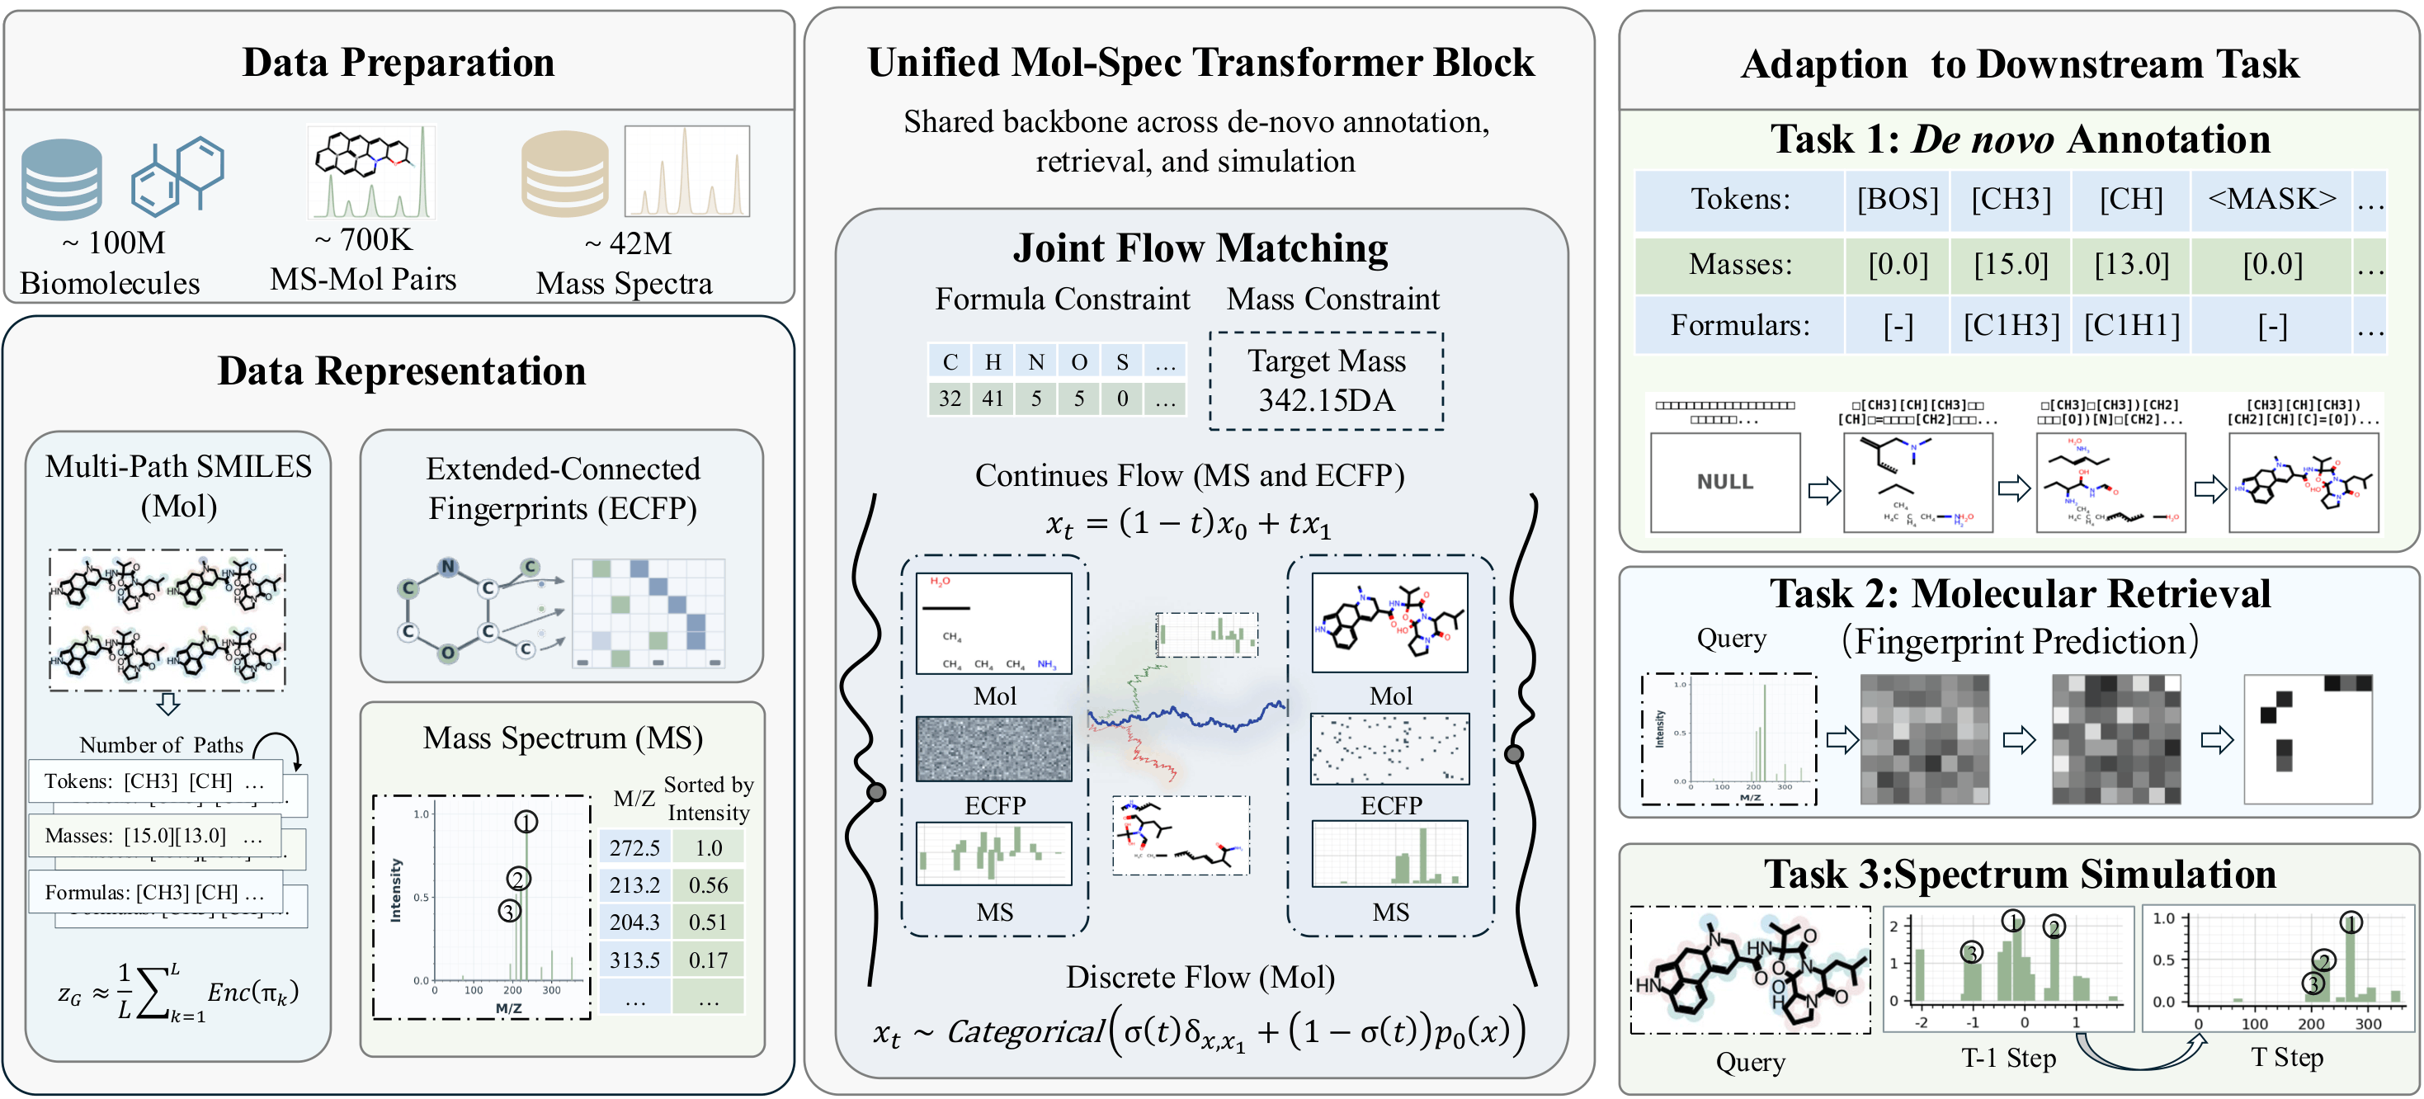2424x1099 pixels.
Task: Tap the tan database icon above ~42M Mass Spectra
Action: pos(564,173)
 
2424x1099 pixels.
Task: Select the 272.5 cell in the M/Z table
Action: pos(634,848)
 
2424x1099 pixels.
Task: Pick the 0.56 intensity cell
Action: pos(708,885)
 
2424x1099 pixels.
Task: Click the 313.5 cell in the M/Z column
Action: pos(634,960)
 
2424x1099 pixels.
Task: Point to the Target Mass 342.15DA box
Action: pos(1326,381)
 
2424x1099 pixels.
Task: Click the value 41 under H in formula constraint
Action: pos(993,399)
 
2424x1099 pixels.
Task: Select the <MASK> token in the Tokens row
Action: pos(2271,200)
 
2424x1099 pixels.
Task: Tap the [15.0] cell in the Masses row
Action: pos(2011,264)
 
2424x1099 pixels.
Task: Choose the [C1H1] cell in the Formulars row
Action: pos(2131,326)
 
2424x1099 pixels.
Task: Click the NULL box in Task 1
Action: pos(1725,482)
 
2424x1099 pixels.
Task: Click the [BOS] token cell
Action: pos(1897,200)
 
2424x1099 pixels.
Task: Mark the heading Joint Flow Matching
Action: pos(1200,248)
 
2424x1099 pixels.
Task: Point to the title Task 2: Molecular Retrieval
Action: pos(2020,594)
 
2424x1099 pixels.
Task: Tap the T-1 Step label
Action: pos(2008,1058)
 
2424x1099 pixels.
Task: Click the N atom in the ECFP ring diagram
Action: pos(448,567)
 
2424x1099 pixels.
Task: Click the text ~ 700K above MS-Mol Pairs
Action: pos(363,240)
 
